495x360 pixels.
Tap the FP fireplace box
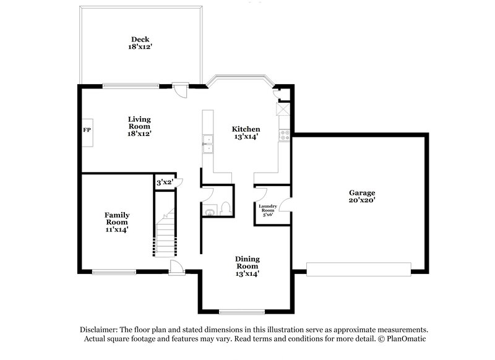pos(87,131)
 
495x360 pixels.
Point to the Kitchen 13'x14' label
pos(246,132)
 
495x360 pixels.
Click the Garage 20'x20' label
pos(362,196)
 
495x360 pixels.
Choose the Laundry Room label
pos(267,210)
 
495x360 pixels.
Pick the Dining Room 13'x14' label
pos(246,266)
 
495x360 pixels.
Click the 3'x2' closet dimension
pos(165,182)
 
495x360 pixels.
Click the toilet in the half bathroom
pos(225,208)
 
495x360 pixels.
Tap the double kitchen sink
pos(207,144)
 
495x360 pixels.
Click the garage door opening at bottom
pos(358,268)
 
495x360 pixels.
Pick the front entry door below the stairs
pos(176,267)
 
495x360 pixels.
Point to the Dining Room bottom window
pos(242,311)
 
